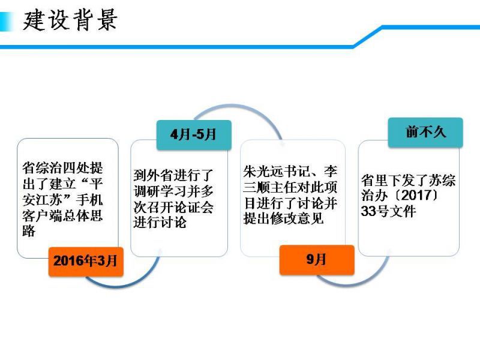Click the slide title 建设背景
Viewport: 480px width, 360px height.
click(x=70, y=20)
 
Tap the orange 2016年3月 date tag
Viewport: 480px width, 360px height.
click(x=86, y=262)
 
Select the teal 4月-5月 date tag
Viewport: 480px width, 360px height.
click(x=194, y=134)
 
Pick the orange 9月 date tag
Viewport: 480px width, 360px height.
click(x=317, y=260)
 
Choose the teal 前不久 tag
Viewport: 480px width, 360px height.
click(x=425, y=132)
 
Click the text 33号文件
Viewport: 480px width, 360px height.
click(x=388, y=211)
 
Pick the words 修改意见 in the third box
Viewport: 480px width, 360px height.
click(x=296, y=218)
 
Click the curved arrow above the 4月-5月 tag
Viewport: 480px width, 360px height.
click(x=238, y=114)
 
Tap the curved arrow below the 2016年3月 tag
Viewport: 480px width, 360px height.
click(x=122, y=283)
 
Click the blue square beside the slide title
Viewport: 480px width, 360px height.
click(x=6, y=22)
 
